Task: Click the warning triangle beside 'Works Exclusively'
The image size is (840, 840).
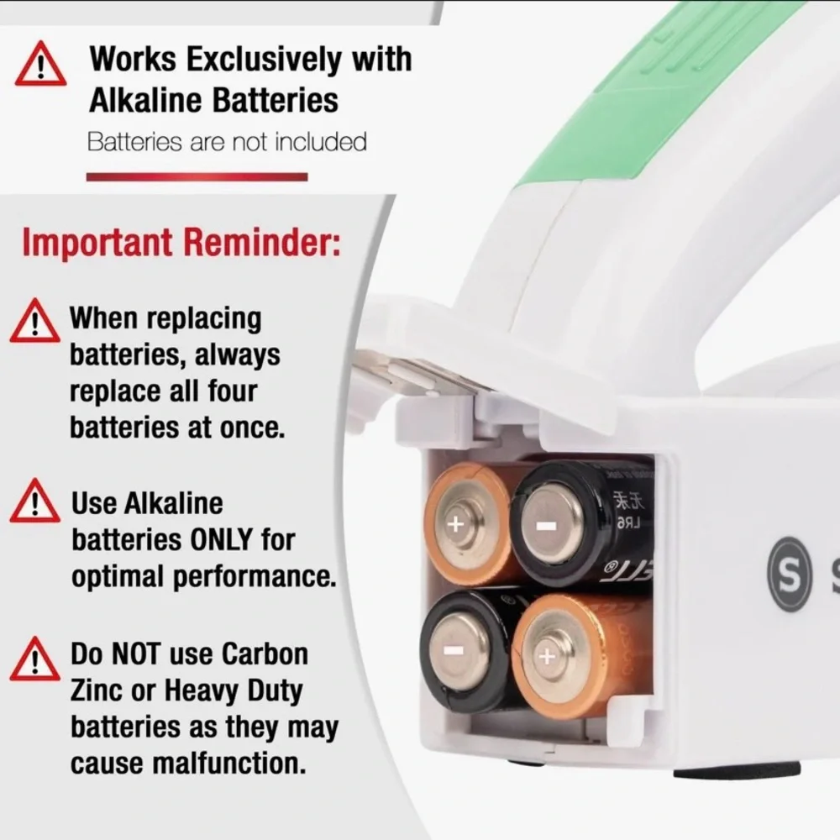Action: (x=40, y=65)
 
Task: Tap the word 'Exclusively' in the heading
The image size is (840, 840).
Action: (x=263, y=59)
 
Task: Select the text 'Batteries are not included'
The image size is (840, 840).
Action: (x=227, y=142)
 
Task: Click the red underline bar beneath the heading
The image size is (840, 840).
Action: (x=197, y=176)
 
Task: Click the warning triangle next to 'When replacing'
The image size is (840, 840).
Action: (x=34, y=321)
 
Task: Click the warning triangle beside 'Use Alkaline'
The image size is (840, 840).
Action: (x=34, y=501)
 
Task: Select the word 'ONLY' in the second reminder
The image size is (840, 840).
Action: (x=221, y=539)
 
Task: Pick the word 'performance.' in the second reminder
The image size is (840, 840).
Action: (x=255, y=577)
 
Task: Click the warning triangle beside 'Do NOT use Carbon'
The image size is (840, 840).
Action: (x=34, y=659)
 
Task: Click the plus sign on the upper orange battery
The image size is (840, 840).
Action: (x=455, y=523)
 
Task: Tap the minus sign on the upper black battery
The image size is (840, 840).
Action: (x=547, y=526)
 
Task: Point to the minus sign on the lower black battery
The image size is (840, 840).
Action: (x=454, y=651)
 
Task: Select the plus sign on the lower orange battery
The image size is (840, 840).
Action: (x=547, y=656)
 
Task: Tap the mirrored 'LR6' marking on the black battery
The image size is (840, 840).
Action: (x=627, y=523)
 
